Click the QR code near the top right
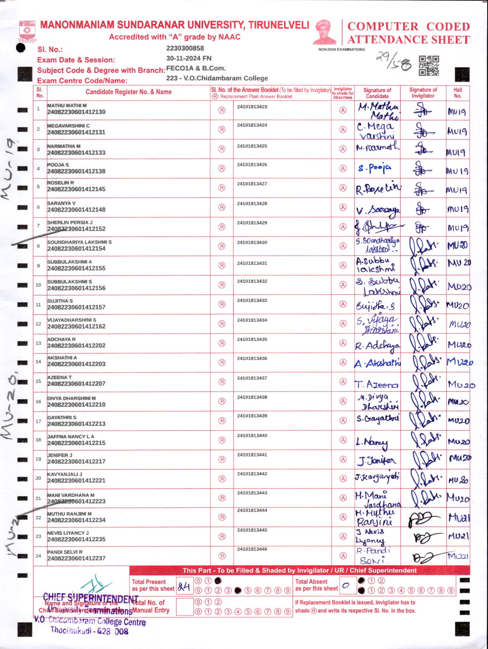(x=429, y=66)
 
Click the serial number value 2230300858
(x=185, y=48)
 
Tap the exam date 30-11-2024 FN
(x=189, y=58)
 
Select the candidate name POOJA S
(x=58, y=165)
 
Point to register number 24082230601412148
(x=76, y=210)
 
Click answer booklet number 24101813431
(x=252, y=263)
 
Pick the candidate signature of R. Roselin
(x=378, y=188)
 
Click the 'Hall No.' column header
(x=458, y=93)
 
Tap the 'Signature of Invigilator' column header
(x=423, y=93)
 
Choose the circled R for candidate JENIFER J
(x=222, y=459)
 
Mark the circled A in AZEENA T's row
(x=343, y=382)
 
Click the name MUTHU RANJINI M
(x=69, y=514)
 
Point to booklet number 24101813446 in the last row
(x=252, y=549)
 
